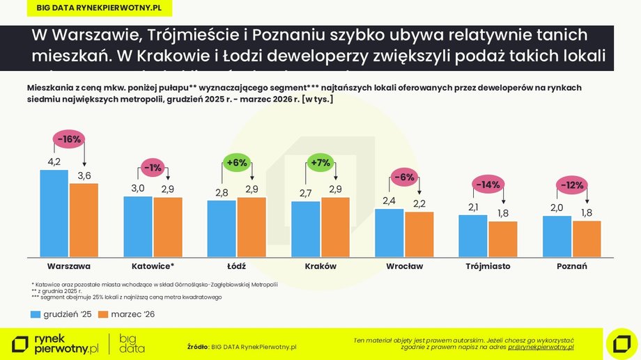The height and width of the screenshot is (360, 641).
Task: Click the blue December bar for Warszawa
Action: pyautogui.click(x=54, y=213)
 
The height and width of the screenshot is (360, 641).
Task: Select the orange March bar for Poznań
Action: pyautogui.click(x=586, y=239)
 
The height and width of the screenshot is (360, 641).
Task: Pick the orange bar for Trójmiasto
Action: pyautogui.click(x=502, y=239)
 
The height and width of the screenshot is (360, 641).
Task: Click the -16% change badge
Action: pyautogui.click(x=69, y=139)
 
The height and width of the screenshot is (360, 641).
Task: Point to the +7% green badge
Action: pyautogui.click(x=321, y=163)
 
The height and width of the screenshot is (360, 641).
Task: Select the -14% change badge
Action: pyautogui.click(x=488, y=185)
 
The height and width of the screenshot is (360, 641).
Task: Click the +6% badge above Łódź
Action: pyautogui.click(x=237, y=163)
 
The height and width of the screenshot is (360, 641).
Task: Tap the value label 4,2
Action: pyautogui.click(x=54, y=162)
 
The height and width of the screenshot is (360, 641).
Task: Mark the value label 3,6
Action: pyautogui.click(x=84, y=176)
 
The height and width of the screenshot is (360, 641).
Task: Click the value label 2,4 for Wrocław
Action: pyautogui.click(x=389, y=201)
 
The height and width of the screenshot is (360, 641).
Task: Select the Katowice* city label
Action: pyautogui.click(x=153, y=266)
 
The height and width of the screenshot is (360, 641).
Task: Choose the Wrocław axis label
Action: pyautogui.click(x=404, y=266)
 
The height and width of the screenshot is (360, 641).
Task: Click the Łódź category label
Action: pyautogui.click(x=236, y=266)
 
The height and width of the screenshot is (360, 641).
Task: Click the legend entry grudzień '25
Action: pyautogui.click(x=61, y=314)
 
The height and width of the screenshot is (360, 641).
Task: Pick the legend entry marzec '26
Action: pyautogui.click(x=127, y=314)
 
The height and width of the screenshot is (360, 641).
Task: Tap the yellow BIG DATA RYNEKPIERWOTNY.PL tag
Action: pyautogui.click(x=93, y=8)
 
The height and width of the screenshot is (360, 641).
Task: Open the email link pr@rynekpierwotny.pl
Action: pyautogui.click(x=541, y=346)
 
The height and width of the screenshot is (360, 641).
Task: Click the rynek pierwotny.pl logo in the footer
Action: pyautogui.click(x=56, y=343)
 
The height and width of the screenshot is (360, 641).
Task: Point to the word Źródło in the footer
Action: pyautogui.click(x=198, y=346)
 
